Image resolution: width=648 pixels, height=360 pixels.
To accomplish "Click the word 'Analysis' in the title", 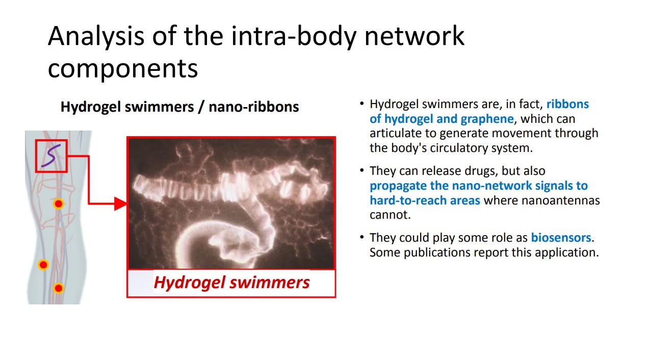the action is point(96,37).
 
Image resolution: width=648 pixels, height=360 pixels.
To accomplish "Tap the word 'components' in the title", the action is point(123,69).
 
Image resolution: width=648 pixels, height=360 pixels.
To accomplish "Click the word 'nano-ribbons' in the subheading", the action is point(254,107).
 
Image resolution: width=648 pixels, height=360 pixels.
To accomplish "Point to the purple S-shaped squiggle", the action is point(51,156).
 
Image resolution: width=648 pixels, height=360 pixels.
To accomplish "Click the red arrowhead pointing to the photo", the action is point(120,204).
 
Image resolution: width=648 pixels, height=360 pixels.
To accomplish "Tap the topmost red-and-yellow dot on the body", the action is point(59,204).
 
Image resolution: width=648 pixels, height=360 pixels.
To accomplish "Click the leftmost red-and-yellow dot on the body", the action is point(43,265).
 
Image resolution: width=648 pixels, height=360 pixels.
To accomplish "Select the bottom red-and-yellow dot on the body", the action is point(59,288).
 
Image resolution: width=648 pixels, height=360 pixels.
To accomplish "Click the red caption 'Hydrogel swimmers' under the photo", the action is point(231,282).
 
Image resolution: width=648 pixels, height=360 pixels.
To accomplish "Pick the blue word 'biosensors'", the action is point(561,238).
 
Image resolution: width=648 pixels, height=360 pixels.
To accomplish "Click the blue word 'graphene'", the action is point(487,119).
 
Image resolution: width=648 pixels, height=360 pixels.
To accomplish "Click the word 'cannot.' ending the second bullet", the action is point(390,215).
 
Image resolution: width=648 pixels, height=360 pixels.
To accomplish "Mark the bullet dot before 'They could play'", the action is point(361,237).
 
